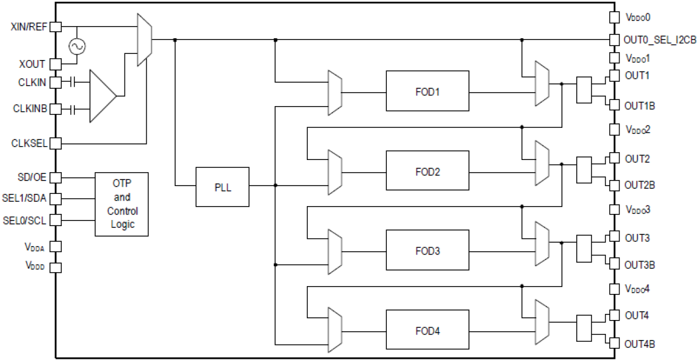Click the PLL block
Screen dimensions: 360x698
[222, 187]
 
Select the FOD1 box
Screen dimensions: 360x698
[427, 92]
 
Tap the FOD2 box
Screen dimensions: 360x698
[427, 171]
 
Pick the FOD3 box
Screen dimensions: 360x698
[427, 251]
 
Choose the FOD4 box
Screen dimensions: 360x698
[427, 331]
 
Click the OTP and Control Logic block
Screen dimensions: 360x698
[122, 204]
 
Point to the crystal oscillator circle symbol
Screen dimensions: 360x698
[77, 47]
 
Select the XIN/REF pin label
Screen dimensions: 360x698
[29, 27]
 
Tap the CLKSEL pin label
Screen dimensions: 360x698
[29, 143]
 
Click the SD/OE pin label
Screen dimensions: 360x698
[32, 177]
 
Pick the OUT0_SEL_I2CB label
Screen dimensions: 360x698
[657, 40]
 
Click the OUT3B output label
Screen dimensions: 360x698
[640, 264]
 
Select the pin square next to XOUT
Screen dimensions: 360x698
[56, 64]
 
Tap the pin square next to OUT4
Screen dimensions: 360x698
[614, 315]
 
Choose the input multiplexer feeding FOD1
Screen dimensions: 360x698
[335, 92]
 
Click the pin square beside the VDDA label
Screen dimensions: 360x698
[56, 246]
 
